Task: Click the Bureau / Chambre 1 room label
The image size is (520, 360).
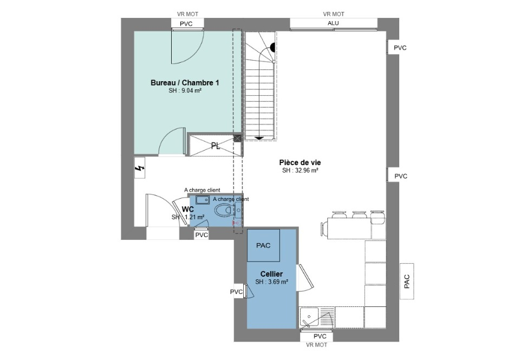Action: click(x=185, y=82)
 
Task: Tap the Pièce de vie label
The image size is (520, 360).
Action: click(x=300, y=162)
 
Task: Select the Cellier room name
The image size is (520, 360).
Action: click(x=271, y=274)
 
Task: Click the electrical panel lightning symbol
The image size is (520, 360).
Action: click(x=140, y=168)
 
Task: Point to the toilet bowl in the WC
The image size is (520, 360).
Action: click(x=223, y=210)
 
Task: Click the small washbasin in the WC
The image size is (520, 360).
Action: click(x=202, y=200)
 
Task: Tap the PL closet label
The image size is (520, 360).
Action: click(x=216, y=146)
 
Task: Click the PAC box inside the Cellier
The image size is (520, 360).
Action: click(x=264, y=245)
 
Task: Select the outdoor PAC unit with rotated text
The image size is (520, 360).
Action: click(x=407, y=282)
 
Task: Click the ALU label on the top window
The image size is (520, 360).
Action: click(x=333, y=23)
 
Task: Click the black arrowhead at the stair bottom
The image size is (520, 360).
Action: click(x=259, y=138)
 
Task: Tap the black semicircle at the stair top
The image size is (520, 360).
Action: click(x=273, y=48)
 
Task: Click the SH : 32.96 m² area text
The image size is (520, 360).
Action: click(x=301, y=171)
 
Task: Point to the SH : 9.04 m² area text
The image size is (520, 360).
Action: click(x=185, y=90)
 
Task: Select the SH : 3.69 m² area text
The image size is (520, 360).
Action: click(x=271, y=282)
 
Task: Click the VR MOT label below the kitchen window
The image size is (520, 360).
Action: click(x=317, y=345)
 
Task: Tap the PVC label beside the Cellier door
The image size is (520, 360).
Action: click(x=237, y=292)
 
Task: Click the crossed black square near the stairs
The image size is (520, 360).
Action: click(x=237, y=138)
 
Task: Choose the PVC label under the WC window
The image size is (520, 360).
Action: click(x=201, y=235)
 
